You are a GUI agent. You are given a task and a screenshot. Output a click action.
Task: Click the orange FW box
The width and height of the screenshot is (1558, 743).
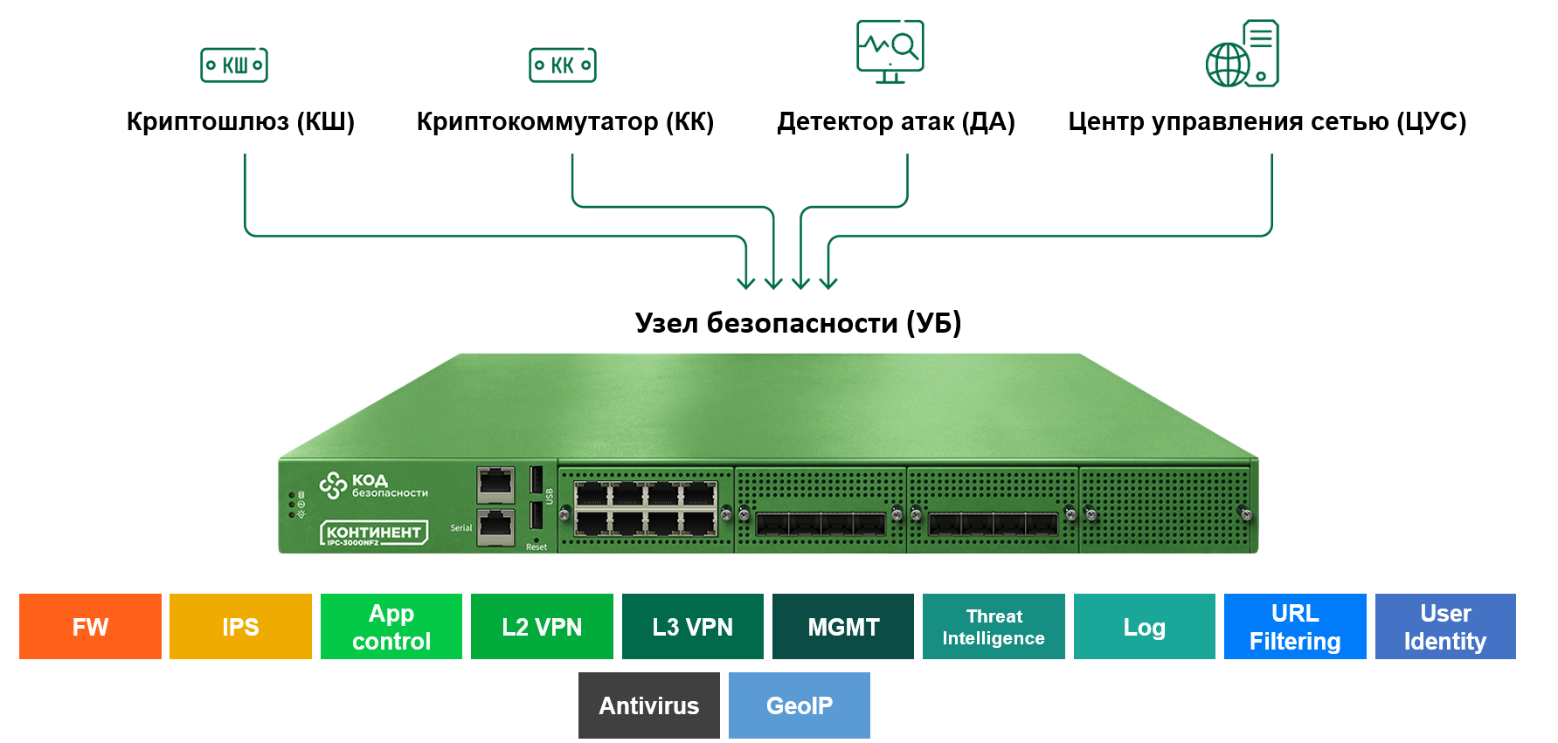pyautogui.click(x=90, y=627)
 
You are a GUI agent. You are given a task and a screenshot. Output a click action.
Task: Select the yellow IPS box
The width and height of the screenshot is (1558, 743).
pyautogui.click(x=240, y=627)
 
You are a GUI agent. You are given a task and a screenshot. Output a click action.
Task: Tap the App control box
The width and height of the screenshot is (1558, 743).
pyautogui.click(x=391, y=627)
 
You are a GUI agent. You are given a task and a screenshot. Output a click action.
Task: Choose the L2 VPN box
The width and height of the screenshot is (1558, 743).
pyautogui.click(x=542, y=627)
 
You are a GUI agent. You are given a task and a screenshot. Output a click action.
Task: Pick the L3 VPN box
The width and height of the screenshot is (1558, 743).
pyautogui.click(x=692, y=627)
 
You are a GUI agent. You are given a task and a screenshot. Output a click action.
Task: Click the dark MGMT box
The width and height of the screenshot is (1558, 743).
pyautogui.click(x=843, y=627)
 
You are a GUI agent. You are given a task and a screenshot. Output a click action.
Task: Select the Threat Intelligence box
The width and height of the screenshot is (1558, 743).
pyautogui.click(x=994, y=627)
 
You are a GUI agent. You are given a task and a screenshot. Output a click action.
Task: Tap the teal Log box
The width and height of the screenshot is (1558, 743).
pyautogui.click(x=1144, y=627)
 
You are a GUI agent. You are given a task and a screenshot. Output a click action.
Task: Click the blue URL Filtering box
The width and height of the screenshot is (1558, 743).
pyautogui.click(x=1295, y=627)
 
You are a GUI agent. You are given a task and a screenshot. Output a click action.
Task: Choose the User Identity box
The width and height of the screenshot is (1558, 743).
pyautogui.click(x=1445, y=627)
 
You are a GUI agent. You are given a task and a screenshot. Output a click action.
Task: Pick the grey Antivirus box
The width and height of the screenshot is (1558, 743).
pyautogui.click(x=648, y=705)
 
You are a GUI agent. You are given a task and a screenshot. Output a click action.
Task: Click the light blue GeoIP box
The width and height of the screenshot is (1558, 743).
pyautogui.click(x=799, y=705)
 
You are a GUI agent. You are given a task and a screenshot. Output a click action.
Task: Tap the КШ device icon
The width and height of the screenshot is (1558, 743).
pyautogui.click(x=234, y=65)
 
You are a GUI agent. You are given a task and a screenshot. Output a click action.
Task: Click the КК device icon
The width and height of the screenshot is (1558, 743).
pyautogui.click(x=563, y=65)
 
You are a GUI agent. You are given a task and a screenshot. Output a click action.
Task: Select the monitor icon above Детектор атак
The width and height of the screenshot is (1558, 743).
pyautogui.click(x=890, y=52)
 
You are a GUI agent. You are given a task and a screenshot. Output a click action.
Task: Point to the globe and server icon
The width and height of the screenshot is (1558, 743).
pyautogui.click(x=1243, y=54)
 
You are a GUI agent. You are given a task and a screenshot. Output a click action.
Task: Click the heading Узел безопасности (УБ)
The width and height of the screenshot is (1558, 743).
pyautogui.click(x=798, y=323)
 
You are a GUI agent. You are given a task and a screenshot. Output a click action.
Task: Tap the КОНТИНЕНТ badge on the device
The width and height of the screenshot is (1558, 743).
pyautogui.click(x=374, y=533)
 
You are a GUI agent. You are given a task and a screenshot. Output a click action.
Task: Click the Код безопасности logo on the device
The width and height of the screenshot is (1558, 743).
pyautogui.click(x=373, y=485)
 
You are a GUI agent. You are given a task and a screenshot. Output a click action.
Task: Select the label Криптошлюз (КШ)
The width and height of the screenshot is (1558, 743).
pyautogui.click(x=240, y=121)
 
